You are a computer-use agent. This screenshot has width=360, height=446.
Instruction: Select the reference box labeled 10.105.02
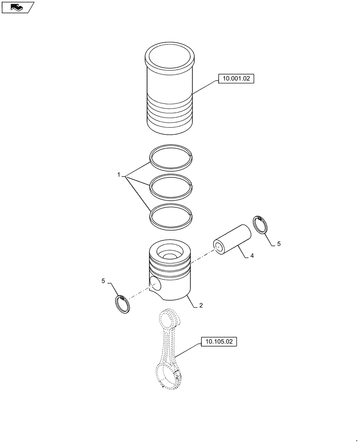point(219,343)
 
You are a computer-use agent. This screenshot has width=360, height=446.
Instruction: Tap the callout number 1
point(119,175)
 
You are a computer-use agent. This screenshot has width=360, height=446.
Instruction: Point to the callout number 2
point(201,306)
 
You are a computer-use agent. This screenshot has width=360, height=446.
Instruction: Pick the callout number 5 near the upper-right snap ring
point(279,244)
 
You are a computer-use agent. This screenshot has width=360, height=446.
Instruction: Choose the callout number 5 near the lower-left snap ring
point(103,281)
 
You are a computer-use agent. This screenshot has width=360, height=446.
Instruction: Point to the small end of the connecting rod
point(169,318)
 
